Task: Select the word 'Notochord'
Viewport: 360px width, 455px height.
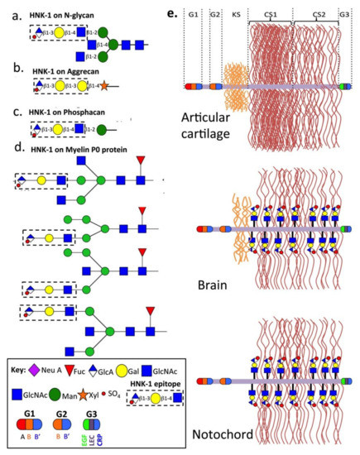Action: coord(218,433)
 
